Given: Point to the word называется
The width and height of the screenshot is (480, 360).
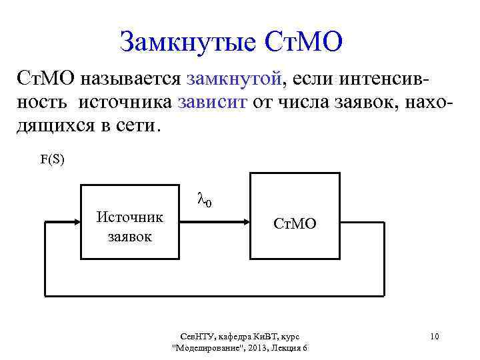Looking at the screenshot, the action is (x=128, y=80).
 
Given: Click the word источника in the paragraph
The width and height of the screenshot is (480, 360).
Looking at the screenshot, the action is (x=126, y=103).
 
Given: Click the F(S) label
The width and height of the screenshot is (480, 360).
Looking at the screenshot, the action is (x=53, y=160).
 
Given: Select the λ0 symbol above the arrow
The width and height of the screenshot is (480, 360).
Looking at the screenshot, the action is (x=205, y=199).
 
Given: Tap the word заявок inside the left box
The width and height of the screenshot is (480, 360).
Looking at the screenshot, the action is (x=130, y=236).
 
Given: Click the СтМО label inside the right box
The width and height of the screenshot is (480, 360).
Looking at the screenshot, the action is (x=295, y=224).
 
